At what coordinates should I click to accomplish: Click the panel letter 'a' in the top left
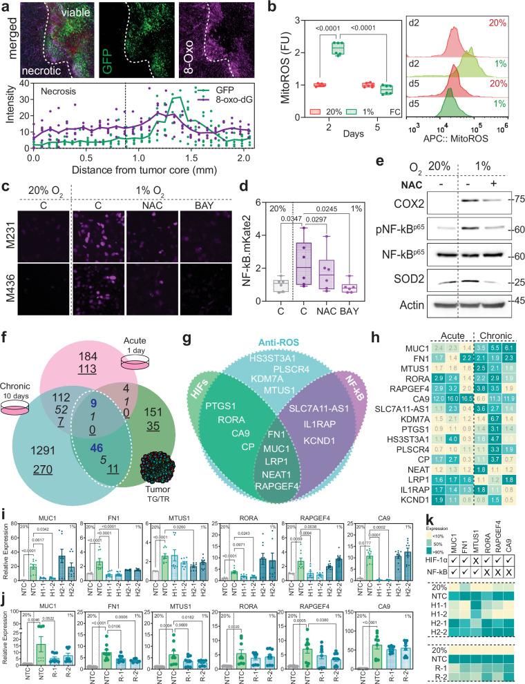click(6, 6)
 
